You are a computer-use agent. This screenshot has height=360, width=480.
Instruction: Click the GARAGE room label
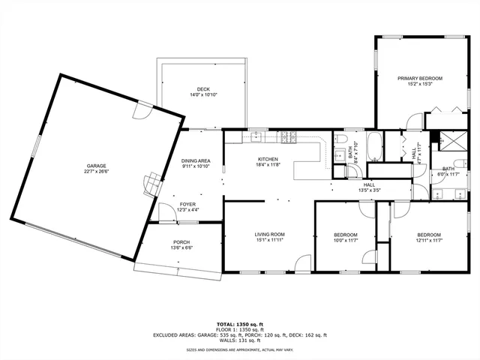[97, 165]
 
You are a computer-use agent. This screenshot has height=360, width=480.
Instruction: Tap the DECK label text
[193, 89]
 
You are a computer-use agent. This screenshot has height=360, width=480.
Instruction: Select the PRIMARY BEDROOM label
[420, 78]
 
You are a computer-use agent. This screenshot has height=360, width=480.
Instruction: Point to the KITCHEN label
[268, 159]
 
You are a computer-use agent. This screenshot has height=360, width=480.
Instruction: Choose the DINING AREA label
[196, 160]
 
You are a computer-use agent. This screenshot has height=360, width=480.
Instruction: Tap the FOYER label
[187, 204]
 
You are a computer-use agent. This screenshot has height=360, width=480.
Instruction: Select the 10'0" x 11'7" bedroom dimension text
[345, 240]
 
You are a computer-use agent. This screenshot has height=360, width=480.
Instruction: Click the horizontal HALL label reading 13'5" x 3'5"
[370, 190]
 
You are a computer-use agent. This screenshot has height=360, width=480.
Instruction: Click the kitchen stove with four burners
[289, 136]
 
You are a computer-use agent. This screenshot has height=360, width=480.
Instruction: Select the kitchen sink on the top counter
[256, 136]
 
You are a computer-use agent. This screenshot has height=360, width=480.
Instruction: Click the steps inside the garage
[152, 180]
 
